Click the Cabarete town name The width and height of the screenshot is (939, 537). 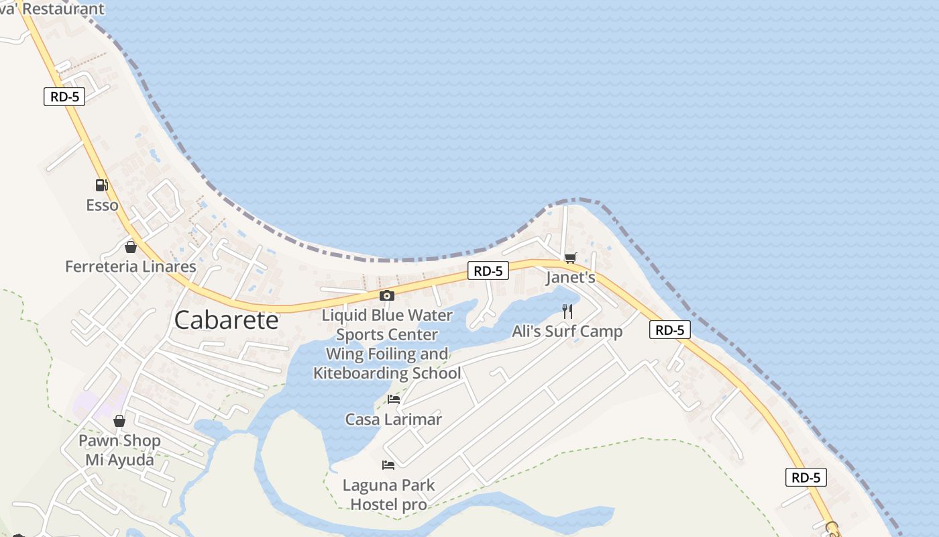pyautogui.click(x=226, y=320)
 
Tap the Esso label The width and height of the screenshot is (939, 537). pyautogui.click(x=102, y=205)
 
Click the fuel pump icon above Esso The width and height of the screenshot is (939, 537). pyautogui.click(x=101, y=185)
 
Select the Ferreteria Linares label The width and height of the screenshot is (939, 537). pyautogui.click(x=131, y=266)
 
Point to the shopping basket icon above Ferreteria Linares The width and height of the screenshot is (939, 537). pyautogui.click(x=131, y=247)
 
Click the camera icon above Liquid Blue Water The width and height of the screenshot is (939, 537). pyautogui.click(x=386, y=295)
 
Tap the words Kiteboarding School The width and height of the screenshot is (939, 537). pyautogui.click(x=387, y=373)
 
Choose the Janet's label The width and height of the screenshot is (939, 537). pyautogui.click(x=570, y=277)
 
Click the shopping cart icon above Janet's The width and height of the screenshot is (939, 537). pyautogui.click(x=571, y=258)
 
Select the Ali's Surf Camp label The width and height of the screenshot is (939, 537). pyautogui.click(x=567, y=331)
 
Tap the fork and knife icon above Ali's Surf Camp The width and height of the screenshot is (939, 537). pyautogui.click(x=567, y=311)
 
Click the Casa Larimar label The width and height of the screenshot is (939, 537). pyautogui.click(x=393, y=420)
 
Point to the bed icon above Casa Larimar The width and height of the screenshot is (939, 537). pyautogui.click(x=394, y=399)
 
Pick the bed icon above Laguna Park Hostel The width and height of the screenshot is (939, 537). pyautogui.click(x=388, y=465)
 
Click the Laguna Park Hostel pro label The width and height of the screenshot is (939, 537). pyautogui.click(x=388, y=494)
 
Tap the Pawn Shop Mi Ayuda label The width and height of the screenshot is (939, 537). pyautogui.click(x=119, y=450)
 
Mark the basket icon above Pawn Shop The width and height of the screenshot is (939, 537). pyautogui.click(x=119, y=421)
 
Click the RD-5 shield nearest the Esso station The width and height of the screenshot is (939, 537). pyautogui.click(x=65, y=97)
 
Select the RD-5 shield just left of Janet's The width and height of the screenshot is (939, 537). pyautogui.click(x=488, y=271)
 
